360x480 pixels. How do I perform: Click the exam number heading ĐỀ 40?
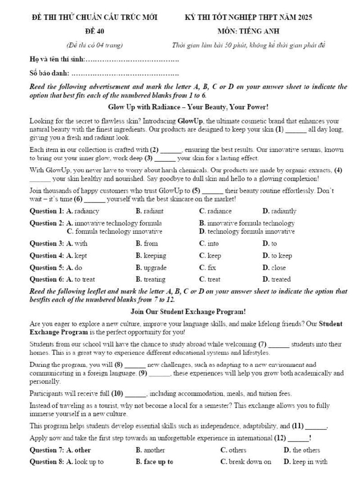click(95, 31)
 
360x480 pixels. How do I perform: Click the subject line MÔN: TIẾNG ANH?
click(248, 31)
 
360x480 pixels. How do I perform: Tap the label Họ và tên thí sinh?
click(57, 60)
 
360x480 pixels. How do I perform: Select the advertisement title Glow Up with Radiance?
click(188, 107)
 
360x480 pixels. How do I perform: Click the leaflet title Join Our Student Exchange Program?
click(188, 311)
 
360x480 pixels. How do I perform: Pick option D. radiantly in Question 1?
click(279, 211)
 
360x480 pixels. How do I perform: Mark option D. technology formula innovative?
click(247, 232)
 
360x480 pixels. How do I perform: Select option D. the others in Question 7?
click(302, 450)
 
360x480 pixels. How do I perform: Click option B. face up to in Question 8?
click(154, 462)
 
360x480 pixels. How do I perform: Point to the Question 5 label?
click(46, 268)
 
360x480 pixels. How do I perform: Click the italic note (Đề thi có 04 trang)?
click(95, 45)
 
